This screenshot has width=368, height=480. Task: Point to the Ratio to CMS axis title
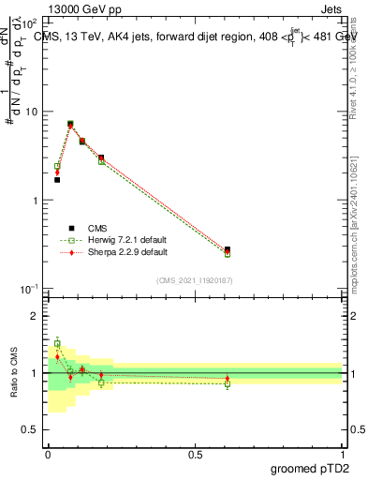tap(14, 371)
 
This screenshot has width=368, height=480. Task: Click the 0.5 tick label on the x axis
tap(196, 453)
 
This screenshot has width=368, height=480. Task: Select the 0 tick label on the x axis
tap(48, 453)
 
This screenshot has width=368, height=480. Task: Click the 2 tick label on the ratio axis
tap(35, 316)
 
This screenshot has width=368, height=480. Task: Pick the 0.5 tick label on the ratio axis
tap(31, 429)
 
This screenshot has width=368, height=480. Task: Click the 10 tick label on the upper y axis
tap(31, 112)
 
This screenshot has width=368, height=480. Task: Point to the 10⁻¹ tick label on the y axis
tap(29, 289)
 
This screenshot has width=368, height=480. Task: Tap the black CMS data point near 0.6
tap(228, 250)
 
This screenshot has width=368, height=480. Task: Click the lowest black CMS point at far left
tap(57, 179)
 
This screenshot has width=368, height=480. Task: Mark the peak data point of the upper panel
tap(70, 124)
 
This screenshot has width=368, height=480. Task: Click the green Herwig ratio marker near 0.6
tap(228, 383)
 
